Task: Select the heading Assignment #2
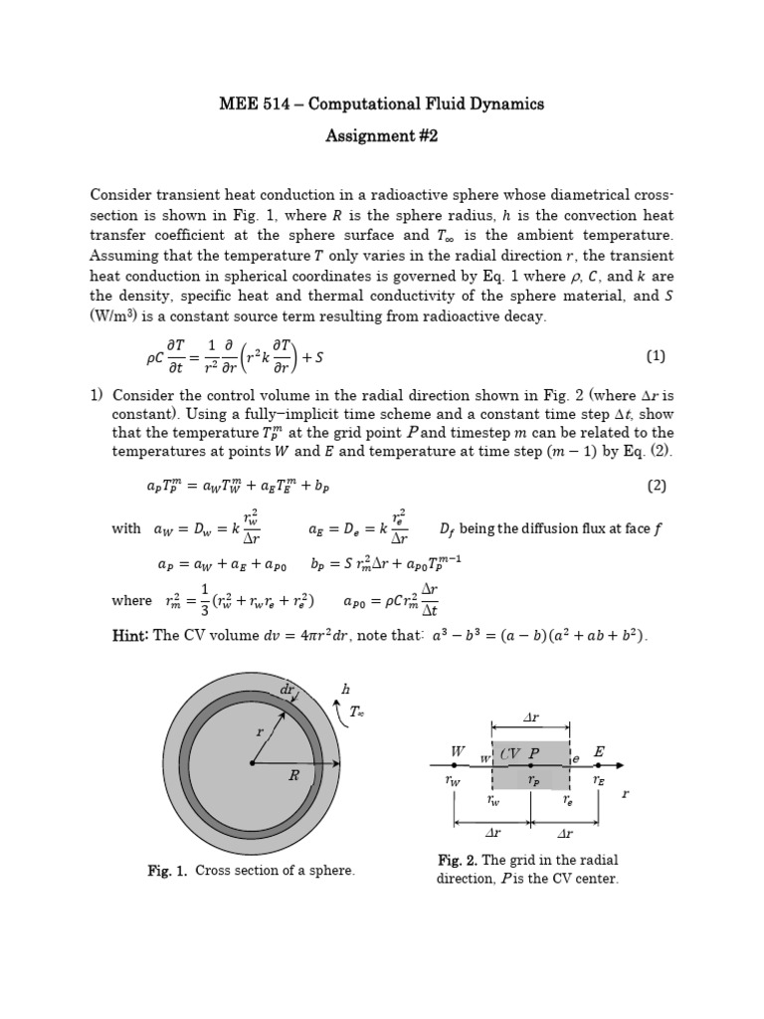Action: pos(382,136)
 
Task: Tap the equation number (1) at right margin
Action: pos(655,355)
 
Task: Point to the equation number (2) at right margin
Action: pos(655,486)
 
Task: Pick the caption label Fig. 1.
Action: pos(166,871)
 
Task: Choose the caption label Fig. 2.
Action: pos(458,860)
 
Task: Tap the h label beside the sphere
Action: pos(345,688)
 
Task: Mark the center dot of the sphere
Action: pos(252,763)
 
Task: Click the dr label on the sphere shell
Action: pos(288,688)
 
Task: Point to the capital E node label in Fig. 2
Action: pos(599,751)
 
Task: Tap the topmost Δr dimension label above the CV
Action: pos(530,716)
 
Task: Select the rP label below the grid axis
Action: pos(534,781)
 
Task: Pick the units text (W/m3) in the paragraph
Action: pos(115,316)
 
